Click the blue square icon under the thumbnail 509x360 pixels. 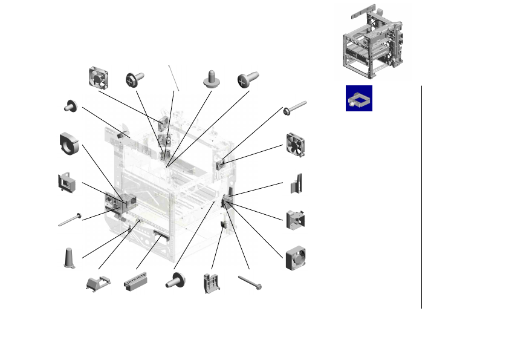[358, 98]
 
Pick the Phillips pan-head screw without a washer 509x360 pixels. [248, 79]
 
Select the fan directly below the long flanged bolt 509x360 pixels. [295, 143]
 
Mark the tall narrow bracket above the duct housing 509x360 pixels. [296, 183]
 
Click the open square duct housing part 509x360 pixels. [295, 219]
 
